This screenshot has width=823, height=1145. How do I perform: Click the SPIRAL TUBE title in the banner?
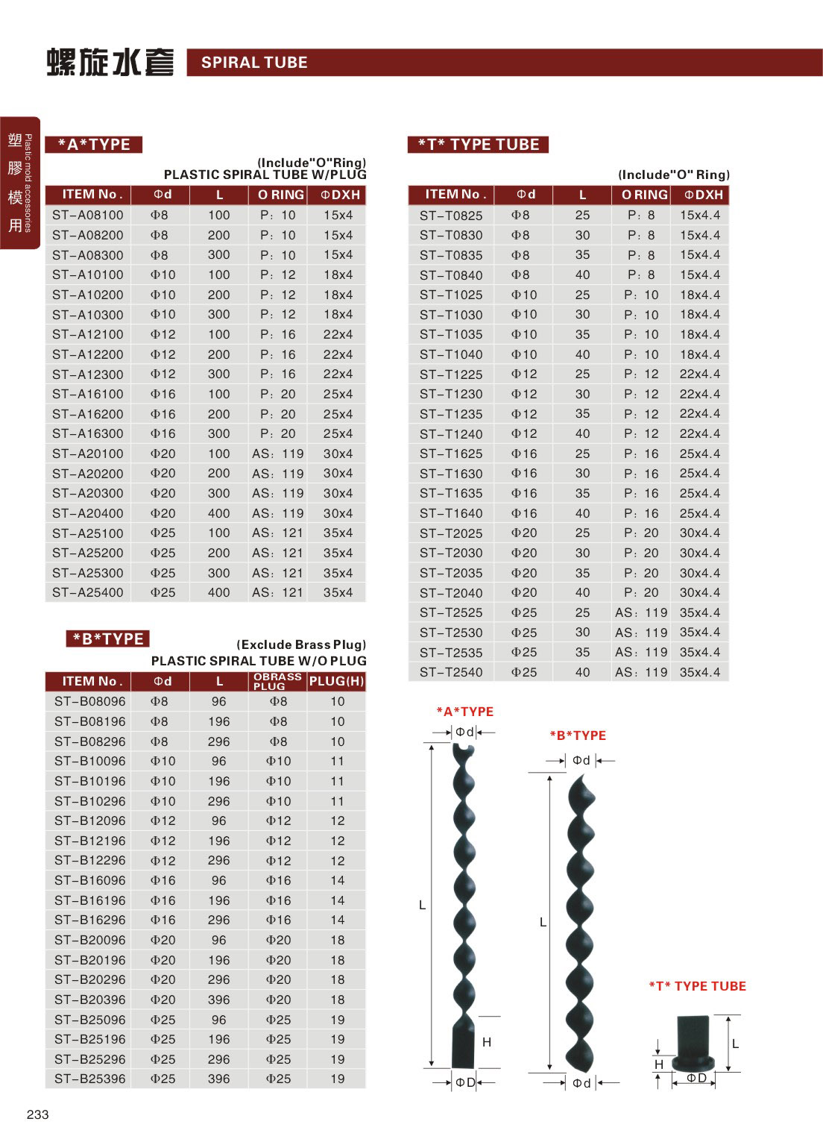pyautogui.click(x=254, y=63)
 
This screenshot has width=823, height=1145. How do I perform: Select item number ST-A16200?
pyautogui.click(x=88, y=414)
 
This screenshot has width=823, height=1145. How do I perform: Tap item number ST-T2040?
pyautogui.click(x=450, y=593)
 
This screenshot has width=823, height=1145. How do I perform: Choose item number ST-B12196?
pyautogui.click(x=90, y=841)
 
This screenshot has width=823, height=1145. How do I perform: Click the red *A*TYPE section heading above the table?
pyautogui.click(x=94, y=145)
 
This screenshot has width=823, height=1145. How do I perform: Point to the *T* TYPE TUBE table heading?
pyautogui.click(x=478, y=145)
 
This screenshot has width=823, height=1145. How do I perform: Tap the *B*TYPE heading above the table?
pyautogui.click(x=108, y=639)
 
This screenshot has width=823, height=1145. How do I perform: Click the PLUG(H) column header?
pyautogui.click(x=336, y=681)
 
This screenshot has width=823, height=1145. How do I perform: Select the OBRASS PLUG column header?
pyautogui.click(x=277, y=681)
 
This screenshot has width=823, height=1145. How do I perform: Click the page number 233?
pyautogui.click(x=37, y=1114)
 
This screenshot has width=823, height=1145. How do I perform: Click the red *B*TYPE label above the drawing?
pyautogui.click(x=578, y=735)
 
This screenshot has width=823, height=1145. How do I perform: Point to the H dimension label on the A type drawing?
pyautogui.click(x=487, y=1042)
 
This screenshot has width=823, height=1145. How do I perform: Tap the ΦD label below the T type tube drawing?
pyautogui.click(x=696, y=1078)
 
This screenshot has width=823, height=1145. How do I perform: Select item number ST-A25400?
pyautogui.click(x=88, y=593)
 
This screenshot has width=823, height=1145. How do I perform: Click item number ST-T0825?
pyautogui.click(x=450, y=216)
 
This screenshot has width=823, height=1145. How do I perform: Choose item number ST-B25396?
pyautogui.click(x=90, y=1079)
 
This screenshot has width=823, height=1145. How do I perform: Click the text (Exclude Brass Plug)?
pyautogui.click(x=301, y=644)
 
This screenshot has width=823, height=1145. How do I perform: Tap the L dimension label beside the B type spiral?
pyautogui.click(x=543, y=923)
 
